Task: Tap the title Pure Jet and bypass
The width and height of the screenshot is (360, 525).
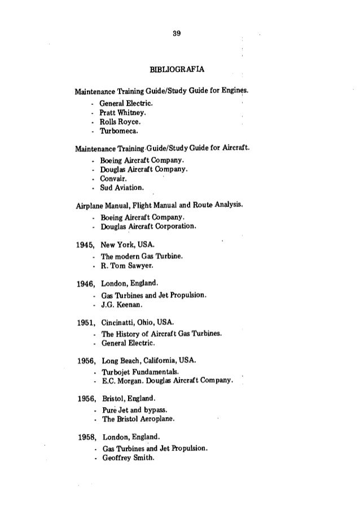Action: coord(133,410)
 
